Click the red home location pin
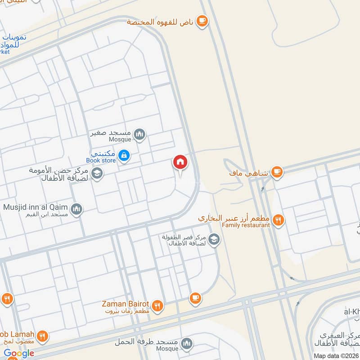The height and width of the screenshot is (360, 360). [x=180, y=162]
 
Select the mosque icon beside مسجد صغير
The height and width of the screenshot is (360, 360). [x=140, y=134]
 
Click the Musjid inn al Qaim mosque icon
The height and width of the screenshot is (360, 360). [x=76, y=209]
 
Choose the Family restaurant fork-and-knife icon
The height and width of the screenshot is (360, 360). [x=279, y=220]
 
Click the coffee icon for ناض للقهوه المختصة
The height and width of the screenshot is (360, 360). [x=202, y=22]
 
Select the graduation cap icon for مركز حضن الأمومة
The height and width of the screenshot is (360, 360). [x=97, y=173]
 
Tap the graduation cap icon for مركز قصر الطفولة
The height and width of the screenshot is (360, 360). [x=214, y=239]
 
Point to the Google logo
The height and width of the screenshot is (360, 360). [x=19, y=353]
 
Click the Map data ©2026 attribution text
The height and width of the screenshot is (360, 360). [x=336, y=355]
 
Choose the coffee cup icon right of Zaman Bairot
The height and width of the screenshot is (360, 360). [x=195, y=297]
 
